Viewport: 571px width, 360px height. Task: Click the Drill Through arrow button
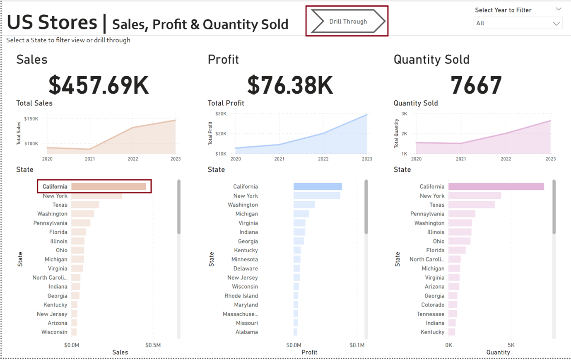pyautogui.click(x=348, y=22)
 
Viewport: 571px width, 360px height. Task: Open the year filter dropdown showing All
pyautogui.click(x=518, y=23)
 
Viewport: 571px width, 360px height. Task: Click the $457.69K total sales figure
pyautogui.click(x=99, y=85)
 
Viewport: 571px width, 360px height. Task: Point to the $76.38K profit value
pyautogui.click(x=290, y=85)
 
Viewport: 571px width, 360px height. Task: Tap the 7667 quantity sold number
pyautogui.click(x=476, y=85)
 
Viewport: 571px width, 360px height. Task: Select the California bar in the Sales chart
pyautogui.click(x=108, y=187)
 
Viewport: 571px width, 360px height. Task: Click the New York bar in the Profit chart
pyautogui.click(x=317, y=196)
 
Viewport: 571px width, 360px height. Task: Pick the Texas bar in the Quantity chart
pyautogui.click(x=471, y=205)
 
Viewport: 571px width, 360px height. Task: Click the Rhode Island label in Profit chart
pyautogui.click(x=241, y=296)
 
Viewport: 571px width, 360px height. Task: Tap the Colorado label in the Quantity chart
pyautogui.click(x=433, y=305)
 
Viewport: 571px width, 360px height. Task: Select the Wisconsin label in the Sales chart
pyautogui.click(x=54, y=332)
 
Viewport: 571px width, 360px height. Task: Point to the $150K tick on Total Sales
pyautogui.click(x=31, y=119)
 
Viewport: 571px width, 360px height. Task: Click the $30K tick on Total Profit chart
pyautogui.click(x=221, y=114)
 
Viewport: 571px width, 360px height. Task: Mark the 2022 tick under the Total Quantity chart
pyautogui.click(x=506, y=159)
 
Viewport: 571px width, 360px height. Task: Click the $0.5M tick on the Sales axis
pyautogui.click(x=153, y=345)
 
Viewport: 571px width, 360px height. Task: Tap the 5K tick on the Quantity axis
pyautogui.click(x=511, y=345)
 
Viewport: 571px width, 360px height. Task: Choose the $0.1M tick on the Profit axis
pyautogui.click(x=357, y=345)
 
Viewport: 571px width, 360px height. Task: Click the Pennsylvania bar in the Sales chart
pyautogui.click(x=81, y=223)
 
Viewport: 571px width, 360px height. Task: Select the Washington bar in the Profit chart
pyautogui.click(x=304, y=205)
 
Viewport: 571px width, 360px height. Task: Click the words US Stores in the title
pyautogui.click(x=52, y=23)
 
